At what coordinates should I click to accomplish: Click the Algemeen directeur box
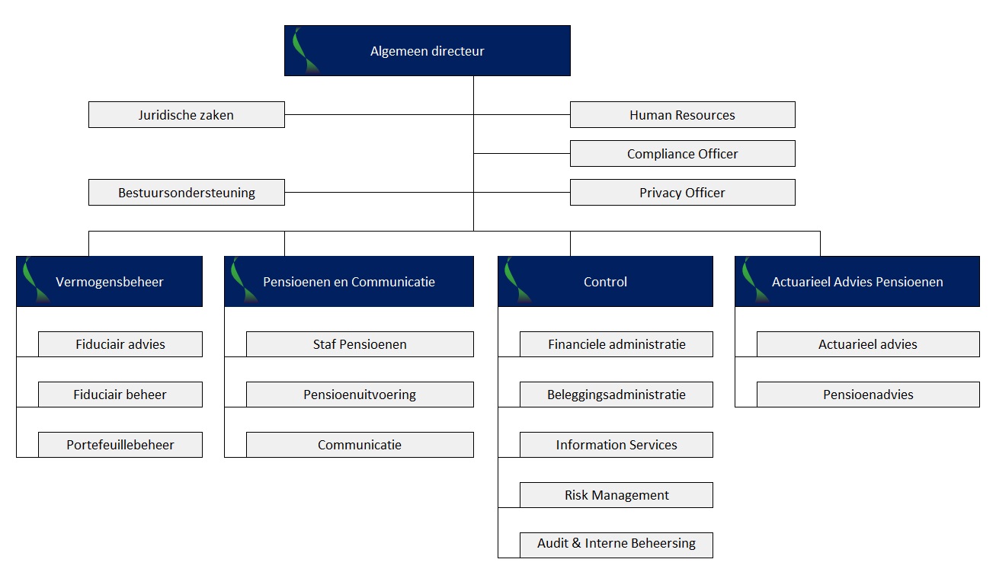pos(427,51)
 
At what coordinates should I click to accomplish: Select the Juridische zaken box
pos(186,115)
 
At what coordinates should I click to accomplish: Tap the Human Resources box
pos(682,115)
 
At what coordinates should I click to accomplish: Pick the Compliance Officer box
pos(682,154)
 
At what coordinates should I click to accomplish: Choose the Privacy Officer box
pos(682,193)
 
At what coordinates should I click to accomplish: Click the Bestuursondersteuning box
pos(186,193)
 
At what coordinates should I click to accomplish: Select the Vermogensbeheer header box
pos(109,282)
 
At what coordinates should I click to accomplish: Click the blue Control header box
pos(605,282)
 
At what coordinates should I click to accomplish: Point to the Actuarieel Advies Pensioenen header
pos(857,282)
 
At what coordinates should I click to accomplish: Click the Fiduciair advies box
pos(120,344)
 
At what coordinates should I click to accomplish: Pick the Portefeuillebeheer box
pos(120,445)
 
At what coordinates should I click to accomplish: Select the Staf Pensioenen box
pos(359,344)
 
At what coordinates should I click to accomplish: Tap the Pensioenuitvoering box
pos(359,395)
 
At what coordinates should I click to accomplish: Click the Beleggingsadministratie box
pos(616,395)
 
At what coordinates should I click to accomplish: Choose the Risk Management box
pos(616,495)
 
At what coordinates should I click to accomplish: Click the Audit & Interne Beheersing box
pos(616,544)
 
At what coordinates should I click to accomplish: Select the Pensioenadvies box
pos(867,395)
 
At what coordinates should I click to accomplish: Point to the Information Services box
pos(616,445)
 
